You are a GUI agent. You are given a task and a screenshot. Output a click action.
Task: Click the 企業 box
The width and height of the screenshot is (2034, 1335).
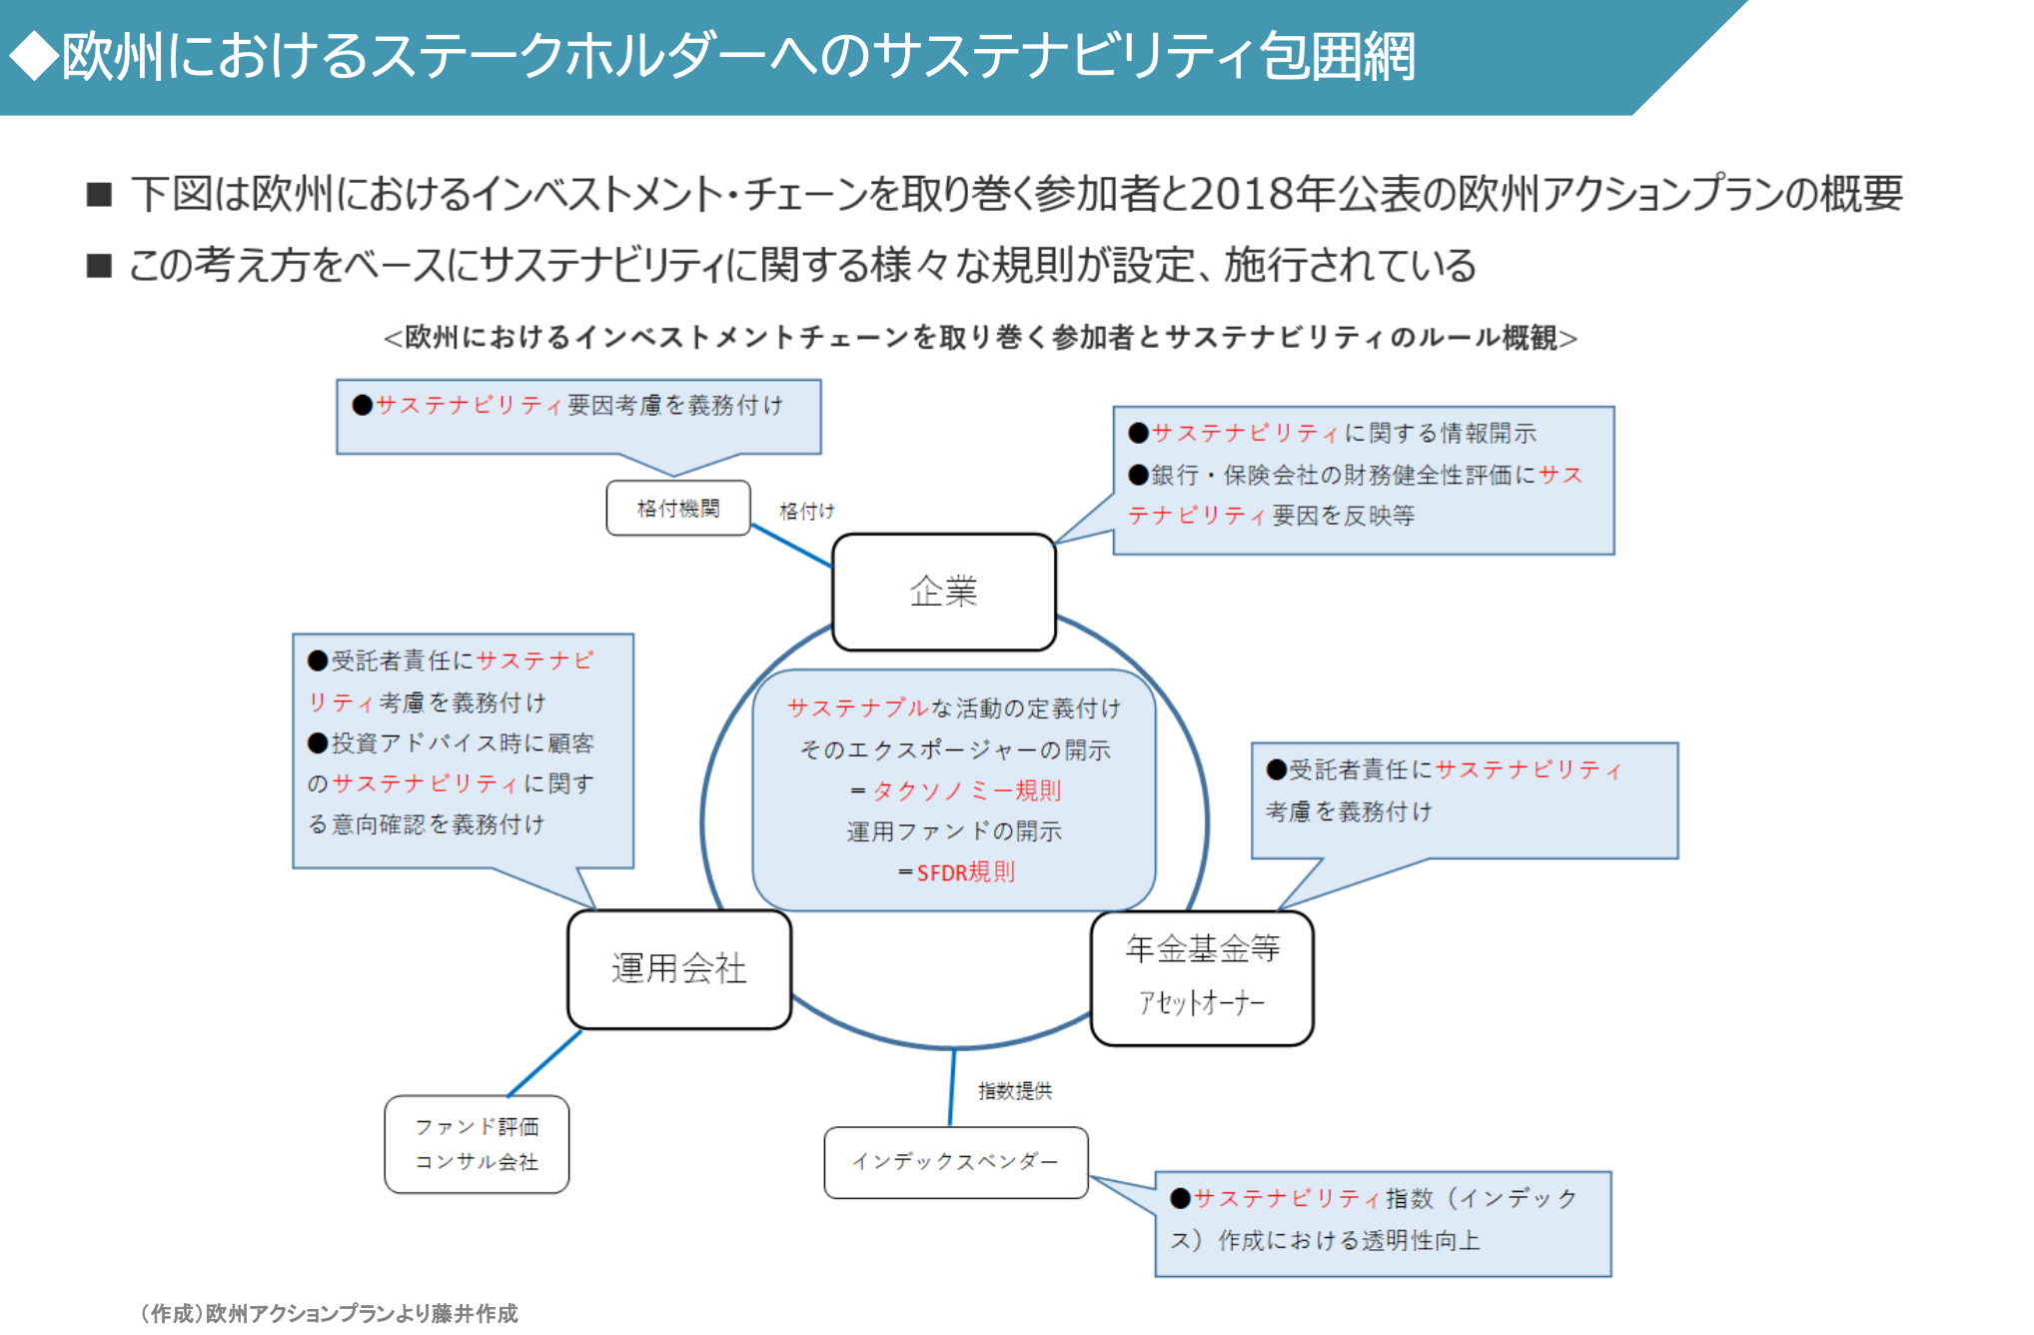(x=943, y=592)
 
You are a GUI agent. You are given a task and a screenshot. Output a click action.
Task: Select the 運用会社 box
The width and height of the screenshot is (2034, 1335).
(x=679, y=968)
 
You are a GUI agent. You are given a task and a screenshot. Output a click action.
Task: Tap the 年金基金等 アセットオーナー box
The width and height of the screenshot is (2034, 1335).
(x=1202, y=977)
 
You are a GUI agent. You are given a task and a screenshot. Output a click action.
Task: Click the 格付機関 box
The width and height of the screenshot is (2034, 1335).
(x=678, y=509)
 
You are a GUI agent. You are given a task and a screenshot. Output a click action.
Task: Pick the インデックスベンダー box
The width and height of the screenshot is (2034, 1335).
(x=955, y=1161)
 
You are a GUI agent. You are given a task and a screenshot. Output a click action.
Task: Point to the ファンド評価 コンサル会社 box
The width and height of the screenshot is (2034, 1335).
(x=477, y=1143)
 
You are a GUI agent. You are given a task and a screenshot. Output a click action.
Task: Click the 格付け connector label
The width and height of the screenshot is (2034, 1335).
(x=806, y=512)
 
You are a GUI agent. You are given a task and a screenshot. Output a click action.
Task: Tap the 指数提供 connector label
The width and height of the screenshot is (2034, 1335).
(x=1014, y=1091)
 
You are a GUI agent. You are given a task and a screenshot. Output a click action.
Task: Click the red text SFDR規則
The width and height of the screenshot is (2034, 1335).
(x=965, y=872)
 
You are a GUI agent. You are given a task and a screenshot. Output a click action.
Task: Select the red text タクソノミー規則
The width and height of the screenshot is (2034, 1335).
(x=966, y=790)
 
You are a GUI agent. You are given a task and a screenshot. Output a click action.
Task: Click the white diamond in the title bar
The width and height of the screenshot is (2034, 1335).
(x=34, y=56)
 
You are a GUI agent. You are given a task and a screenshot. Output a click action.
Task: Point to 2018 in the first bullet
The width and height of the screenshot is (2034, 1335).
(x=1240, y=194)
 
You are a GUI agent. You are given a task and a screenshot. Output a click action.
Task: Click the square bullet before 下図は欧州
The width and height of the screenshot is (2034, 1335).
(x=99, y=194)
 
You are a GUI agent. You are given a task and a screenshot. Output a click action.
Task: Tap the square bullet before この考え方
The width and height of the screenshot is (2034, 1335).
(x=99, y=266)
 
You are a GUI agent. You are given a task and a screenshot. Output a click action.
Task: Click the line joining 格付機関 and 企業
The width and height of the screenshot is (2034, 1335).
(x=791, y=546)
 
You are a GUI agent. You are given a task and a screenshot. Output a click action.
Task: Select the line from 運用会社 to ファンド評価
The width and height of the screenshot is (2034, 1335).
(x=544, y=1063)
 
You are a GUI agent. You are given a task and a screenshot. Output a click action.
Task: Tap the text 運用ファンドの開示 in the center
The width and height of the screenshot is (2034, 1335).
(x=954, y=831)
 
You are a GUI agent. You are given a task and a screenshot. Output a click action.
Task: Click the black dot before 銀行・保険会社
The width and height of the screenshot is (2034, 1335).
(x=1138, y=475)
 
